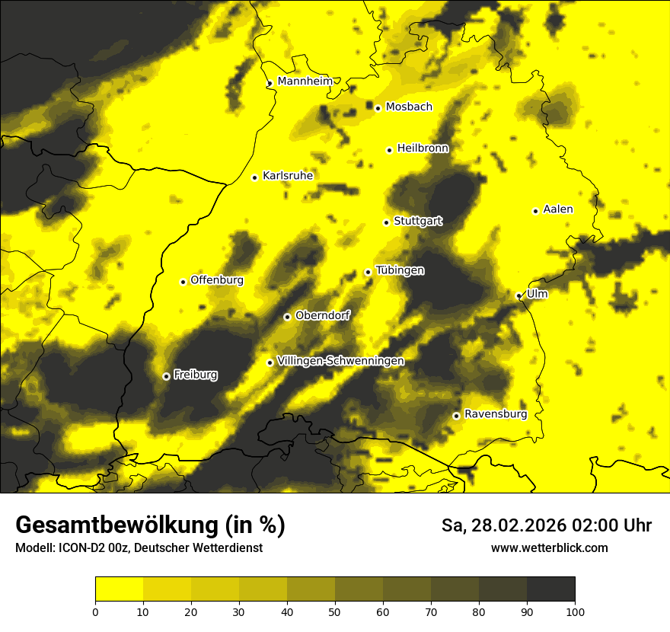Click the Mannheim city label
click(x=305, y=81)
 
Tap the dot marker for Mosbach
click(x=378, y=108)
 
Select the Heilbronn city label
click(x=423, y=148)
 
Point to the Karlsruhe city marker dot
click(x=255, y=177)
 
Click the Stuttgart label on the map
click(x=418, y=221)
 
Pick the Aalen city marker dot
click(x=535, y=211)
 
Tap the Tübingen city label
click(x=400, y=270)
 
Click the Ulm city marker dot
click(x=518, y=295)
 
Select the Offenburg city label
click(x=217, y=279)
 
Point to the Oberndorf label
click(x=323, y=315)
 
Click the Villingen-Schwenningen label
click(x=340, y=361)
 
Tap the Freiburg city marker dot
click(x=166, y=376)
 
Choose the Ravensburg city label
click(x=496, y=414)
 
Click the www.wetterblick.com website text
click(x=549, y=547)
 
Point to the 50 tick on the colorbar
click(x=335, y=611)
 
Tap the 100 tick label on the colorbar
click(x=575, y=611)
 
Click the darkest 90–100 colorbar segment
click(x=550, y=589)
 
